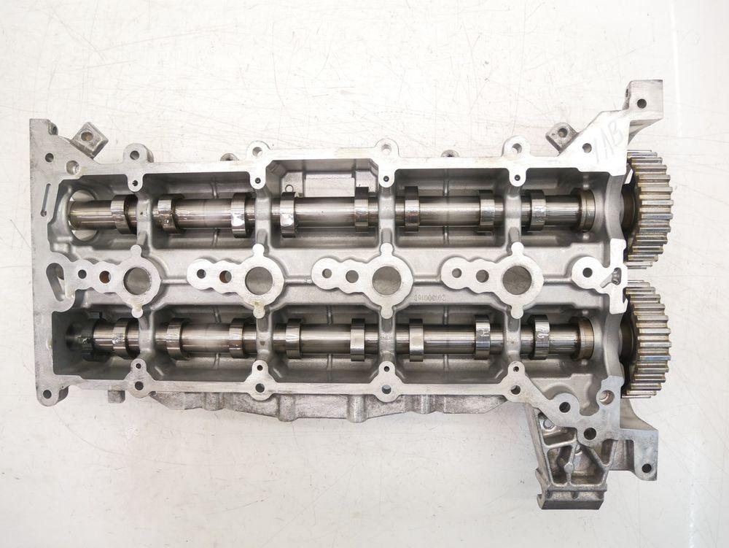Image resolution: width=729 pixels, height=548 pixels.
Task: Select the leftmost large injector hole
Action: tap(137, 280)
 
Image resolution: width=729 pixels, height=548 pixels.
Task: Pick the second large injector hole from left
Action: tap(259, 280)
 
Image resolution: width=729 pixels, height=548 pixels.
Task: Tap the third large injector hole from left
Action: tap(386, 280)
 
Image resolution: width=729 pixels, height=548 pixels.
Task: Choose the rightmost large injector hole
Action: tap(516, 280)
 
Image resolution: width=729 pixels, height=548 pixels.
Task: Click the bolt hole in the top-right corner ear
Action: tap(642, 103)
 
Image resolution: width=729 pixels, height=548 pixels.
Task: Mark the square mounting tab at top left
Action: tap(88, 136)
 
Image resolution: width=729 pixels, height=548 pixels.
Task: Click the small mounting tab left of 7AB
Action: tap(561, 134)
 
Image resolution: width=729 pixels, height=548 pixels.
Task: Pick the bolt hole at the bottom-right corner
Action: tap(645, 468)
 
